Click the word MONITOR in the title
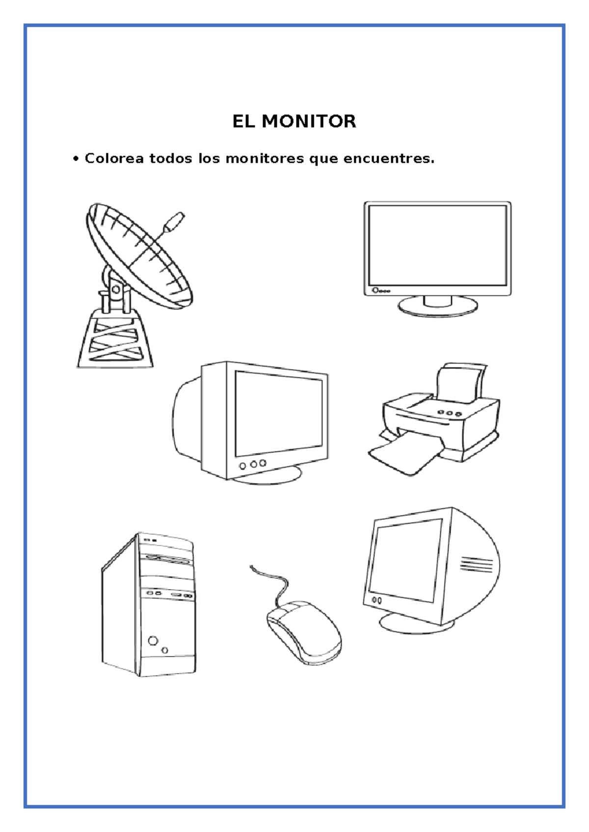[309, 122]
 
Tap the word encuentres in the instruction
[389, 159]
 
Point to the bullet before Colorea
[76, 159]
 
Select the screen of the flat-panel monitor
[437, 245]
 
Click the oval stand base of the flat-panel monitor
[437, 307]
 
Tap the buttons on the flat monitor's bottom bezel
[380, 290]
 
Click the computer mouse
[304, 632]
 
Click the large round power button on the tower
[153, 640]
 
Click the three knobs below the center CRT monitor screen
[253, 464]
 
